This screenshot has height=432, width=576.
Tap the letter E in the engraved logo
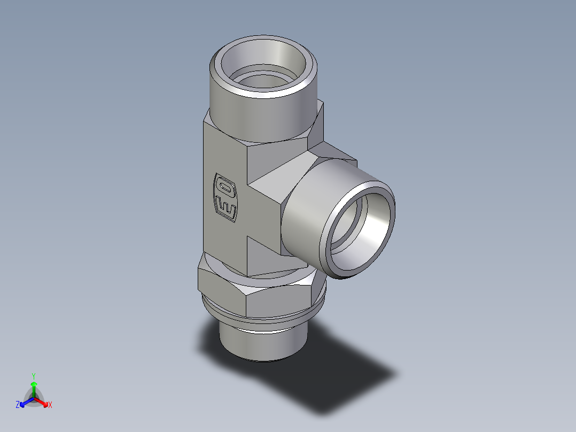point(225,208)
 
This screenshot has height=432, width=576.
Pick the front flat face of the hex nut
point(278,303)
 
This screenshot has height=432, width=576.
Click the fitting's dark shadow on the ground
point(342,385)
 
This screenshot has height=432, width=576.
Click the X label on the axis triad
point(50,405)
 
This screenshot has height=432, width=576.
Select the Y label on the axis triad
point(33,375)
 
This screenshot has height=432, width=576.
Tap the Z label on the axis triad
point(18,405)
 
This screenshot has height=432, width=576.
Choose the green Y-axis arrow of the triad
point(33,388)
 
